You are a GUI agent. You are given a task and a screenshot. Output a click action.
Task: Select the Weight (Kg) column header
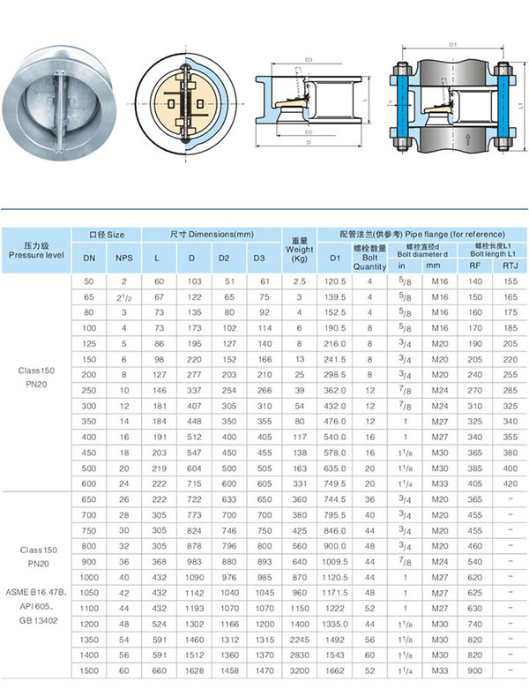pyautogui.click(x=299, y=250)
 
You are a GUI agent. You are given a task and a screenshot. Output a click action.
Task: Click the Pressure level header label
pyautogui.click(x=35, y=250)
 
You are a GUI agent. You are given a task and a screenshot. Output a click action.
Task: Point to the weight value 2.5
pyautogui.click(x=299, y=281)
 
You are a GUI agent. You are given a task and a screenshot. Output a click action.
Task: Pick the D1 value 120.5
pyautogui.click(x=334, y=281)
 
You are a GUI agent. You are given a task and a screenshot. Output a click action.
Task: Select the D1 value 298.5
pyautogui.click(x=334, y=374)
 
